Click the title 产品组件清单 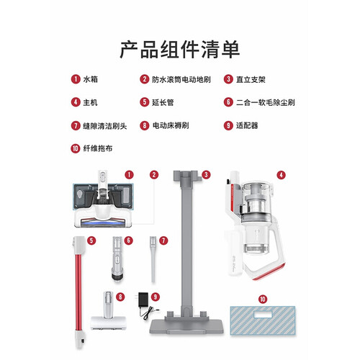click(x=180, y=50)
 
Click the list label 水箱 click(x=91, y=79)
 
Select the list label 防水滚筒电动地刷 click(x=181, y=79)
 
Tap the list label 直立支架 click(x=251, y=79)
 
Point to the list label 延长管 click(x=163, y=102)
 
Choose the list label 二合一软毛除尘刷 click(x=266, y=102)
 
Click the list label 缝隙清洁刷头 click(x=105, y=126)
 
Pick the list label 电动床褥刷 click(x=171, y=125)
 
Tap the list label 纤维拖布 click(x=98, y=148)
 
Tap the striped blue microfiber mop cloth click(x=263, y=320)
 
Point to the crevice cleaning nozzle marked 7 click(x=153, y=259)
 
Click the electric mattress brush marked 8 click(x=108, y=311)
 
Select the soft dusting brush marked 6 click(x=118, y=258)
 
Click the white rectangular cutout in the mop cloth click(x=263, y=315)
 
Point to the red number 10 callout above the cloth click(x=263, y=300)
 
